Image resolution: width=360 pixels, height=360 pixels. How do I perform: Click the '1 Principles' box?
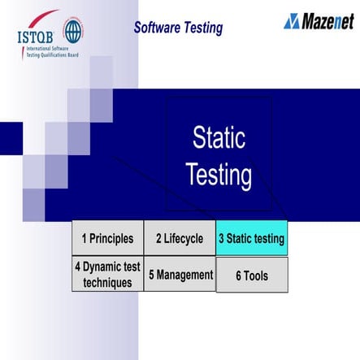click(107, 238)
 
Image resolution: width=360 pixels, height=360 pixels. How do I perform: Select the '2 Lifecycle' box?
click(180, 238)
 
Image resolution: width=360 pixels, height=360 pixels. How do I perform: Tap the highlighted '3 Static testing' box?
click(251, 238)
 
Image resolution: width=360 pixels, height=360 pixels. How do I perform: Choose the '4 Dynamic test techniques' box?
click(107, 275)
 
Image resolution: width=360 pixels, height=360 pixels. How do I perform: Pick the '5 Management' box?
click(180, 275)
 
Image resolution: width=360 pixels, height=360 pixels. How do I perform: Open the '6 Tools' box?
click(251, 275)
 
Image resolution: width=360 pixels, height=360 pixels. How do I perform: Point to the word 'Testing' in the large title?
click(219, 175)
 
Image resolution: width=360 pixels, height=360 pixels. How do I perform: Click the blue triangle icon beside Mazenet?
click(292, 21)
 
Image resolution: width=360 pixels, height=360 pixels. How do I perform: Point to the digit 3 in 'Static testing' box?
click(221, 239)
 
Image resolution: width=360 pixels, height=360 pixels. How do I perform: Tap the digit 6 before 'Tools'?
click(239, 275)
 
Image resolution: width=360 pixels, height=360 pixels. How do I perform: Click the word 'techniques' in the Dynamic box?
click(107, 283)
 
